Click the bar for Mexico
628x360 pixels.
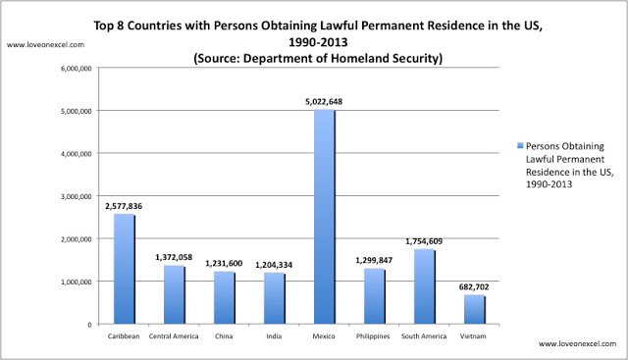tap(323, 217)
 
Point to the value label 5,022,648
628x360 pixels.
tap(323, 101)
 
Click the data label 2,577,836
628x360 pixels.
tap(124, 205)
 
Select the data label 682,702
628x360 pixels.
tap(473, 285)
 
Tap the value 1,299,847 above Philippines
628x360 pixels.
tap(373, 260)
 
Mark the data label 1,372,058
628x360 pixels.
tap(174, 256)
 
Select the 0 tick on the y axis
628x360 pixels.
tap(87, 324)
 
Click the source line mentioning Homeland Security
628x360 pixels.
tap(321, 59)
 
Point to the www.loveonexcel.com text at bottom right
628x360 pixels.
tap(580, 345)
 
